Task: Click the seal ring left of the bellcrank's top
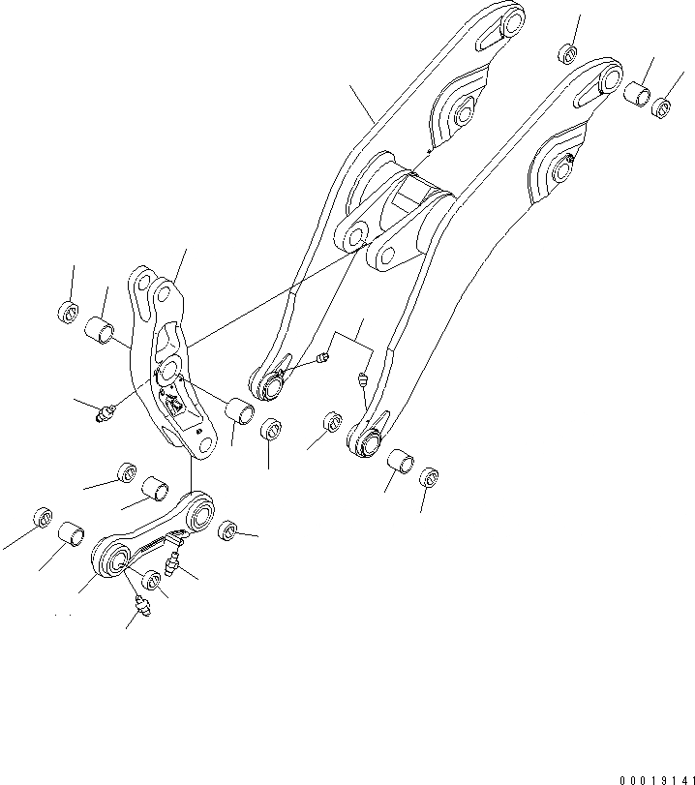pos(67,313)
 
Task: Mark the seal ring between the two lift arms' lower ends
pos(330,422)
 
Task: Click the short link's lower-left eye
pos(110,560)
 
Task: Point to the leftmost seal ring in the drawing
pos(43,517)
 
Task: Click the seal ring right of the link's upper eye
pos(227,530)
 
